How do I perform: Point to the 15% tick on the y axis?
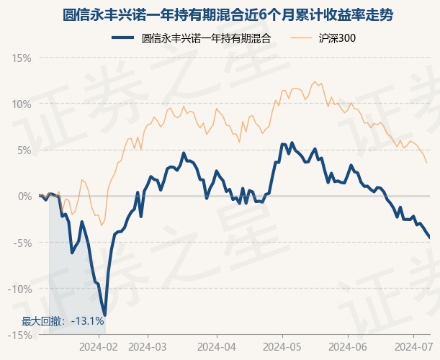click(22, 58)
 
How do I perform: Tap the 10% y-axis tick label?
click(22, 104)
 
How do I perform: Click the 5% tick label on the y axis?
click(24, 150)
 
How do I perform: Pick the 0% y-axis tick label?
click(24, 196)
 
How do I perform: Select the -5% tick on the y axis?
click(22, 243)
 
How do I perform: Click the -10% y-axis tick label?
click(20, 289)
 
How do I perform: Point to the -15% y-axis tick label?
click(20, 335)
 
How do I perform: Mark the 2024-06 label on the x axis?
click(348, 346)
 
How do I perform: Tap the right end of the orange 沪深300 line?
click(426, 162)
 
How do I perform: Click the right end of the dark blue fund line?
click(429, 237)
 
